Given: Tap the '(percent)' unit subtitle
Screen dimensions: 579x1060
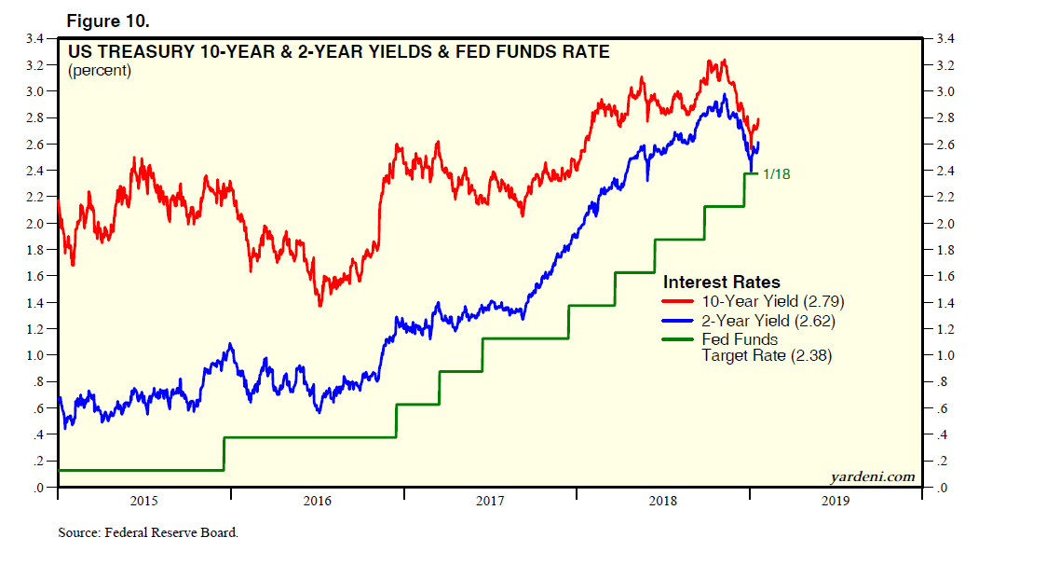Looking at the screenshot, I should click(x=100, y=71).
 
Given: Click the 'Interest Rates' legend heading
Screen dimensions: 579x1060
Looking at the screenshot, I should click(x=721, y=282).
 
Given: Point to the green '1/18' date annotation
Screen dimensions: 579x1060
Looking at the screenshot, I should click(x=776, y=173).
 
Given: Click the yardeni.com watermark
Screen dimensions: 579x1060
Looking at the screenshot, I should click(x=872, y=476).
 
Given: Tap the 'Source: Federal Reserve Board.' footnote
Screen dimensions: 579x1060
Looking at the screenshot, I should click(x=148, y=533).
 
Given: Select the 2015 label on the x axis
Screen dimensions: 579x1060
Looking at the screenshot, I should click(x=143, y=502).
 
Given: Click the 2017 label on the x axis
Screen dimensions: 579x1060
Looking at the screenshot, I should click(x=490, y=502).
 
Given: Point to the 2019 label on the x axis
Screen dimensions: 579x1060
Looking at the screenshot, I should click(x=836, y=502).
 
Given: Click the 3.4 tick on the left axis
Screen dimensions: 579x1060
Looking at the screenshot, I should click(x=36, y=38).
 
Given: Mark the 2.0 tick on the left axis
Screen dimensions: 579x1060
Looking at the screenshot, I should click(x=36, y=224).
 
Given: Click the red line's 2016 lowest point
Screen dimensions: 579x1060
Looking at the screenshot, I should click(x=319, y=305).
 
